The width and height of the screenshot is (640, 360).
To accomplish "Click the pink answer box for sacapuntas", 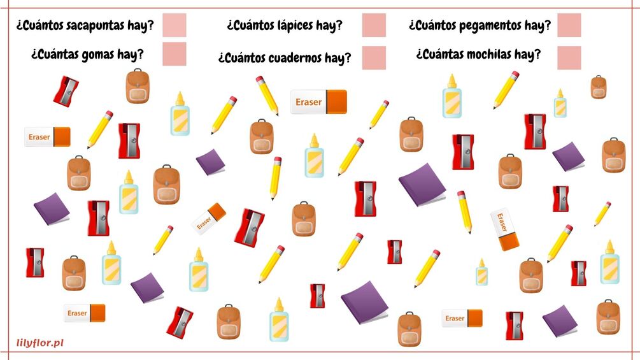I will coord(174,25).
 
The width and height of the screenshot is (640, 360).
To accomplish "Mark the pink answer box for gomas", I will coord(174,54).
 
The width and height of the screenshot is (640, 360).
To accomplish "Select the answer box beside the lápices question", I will coord(374,25).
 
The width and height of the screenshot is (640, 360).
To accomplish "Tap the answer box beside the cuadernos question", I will coord(374,58).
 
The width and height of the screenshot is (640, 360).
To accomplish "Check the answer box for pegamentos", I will coord(569,25).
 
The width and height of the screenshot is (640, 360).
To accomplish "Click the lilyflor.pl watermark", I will coord(40,343).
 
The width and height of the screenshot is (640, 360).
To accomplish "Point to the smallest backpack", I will coord(598,87).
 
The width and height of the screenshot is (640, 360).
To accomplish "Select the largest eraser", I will coord(318,102).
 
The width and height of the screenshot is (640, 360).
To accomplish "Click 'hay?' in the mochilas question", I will coord(527,54).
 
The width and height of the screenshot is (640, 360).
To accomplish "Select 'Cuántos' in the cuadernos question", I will coord(243,59).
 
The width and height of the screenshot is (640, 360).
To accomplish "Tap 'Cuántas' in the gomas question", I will coord(55,54).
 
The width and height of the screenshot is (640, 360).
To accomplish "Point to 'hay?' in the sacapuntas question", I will coord(140,26).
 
